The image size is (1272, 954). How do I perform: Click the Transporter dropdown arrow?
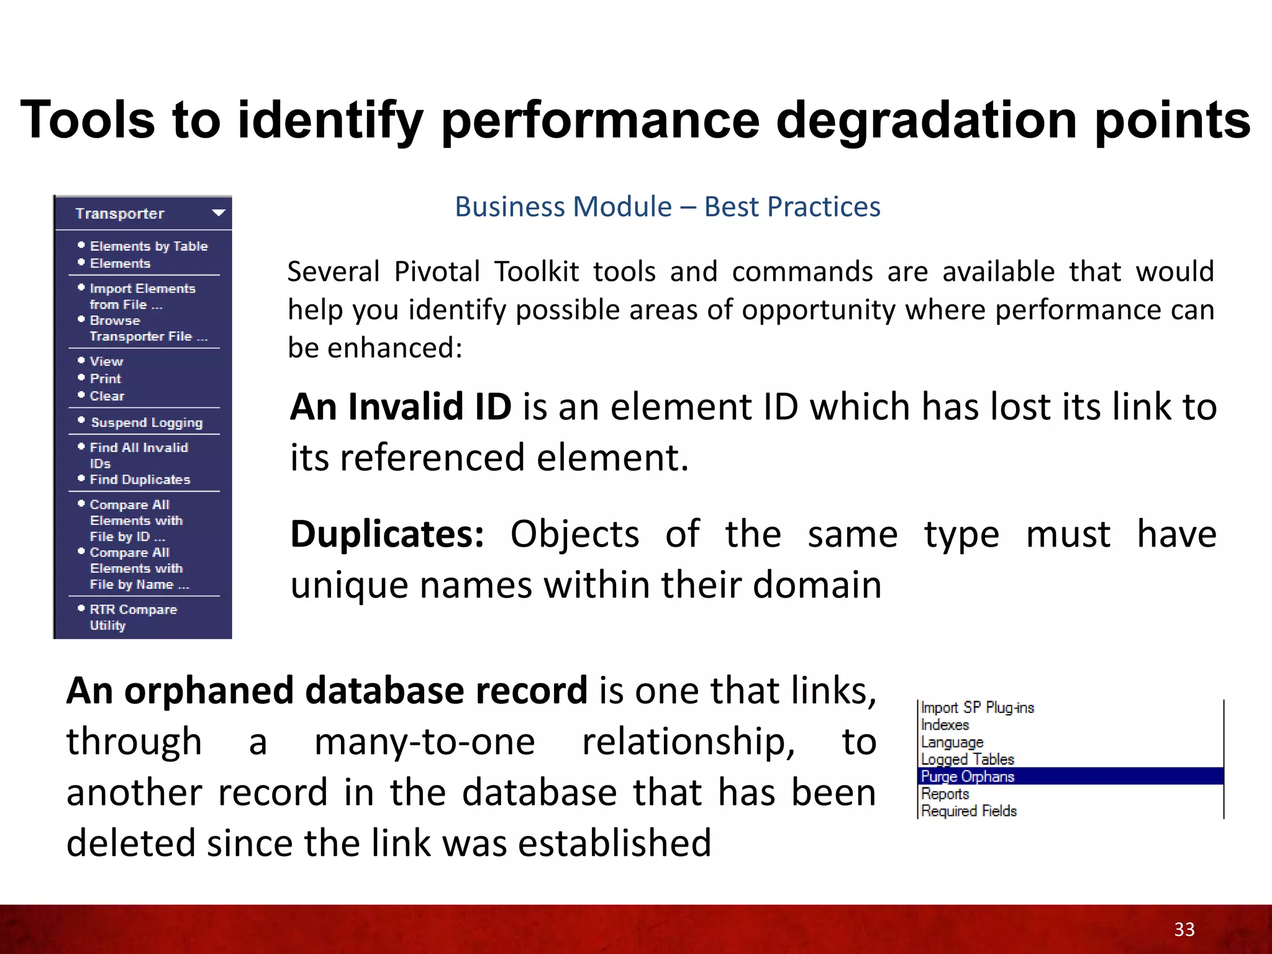pyautogui.click(x=218, y=213)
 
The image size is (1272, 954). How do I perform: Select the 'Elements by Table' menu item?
pyautogui.click(x=148, y=247)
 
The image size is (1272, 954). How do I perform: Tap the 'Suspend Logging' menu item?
pyautogui.click(x=147, y=423)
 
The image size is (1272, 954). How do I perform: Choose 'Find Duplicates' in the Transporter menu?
pyautogui.click(x=140, y=480)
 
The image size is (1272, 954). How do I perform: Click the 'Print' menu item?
pyautogui.click(x=106, y=379)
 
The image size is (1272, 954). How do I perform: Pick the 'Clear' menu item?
pyautogui.click(x=107, y=396)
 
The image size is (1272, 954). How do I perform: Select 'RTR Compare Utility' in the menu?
pyautogui.click(x=133, y=617)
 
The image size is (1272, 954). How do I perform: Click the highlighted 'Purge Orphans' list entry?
pyautogui.click(x=967, y=777)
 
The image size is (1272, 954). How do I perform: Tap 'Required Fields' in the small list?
pyautogui.click(x=968, y=811)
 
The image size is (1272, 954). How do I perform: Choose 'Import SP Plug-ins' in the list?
pyautogui.click(x=977, y=708)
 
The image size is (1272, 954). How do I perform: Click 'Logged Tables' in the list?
pyautogui.click(x=967, y=760)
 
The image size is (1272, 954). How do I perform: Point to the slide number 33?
pyautogui.click(x=1184, y=929)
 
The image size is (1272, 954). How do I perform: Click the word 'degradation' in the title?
pyautogui.click(x=926, y=120)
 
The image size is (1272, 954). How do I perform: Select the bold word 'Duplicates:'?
pyautogui.click(x=387, y=534)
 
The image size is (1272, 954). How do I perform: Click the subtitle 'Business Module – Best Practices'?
pyautogui.click(x=667, y=207)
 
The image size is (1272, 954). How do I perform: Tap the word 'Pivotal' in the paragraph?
pyautogui.click(x=437, y=272)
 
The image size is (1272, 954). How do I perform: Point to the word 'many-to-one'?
pyautogui.click(x=424, y=742)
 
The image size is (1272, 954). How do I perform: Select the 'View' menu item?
pyautogui.click(x=106, y=361)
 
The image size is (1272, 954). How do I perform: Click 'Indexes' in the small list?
pyautogui.click(x=945, y=725)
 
